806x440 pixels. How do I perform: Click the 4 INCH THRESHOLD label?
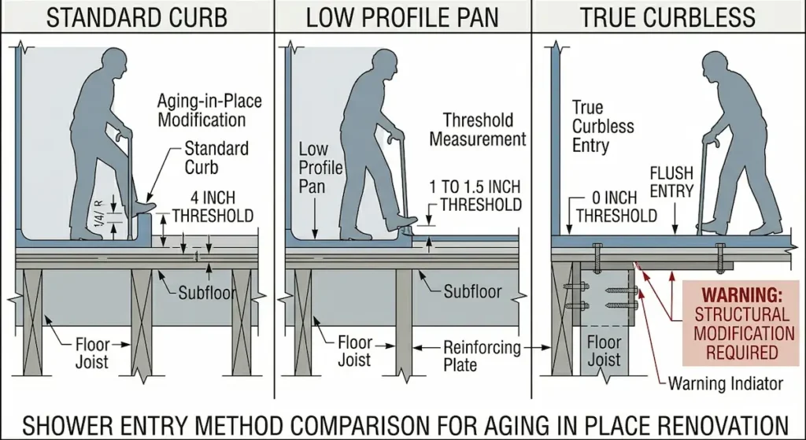tap(213, 206)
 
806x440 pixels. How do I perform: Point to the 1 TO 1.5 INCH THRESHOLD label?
tap(475, 196)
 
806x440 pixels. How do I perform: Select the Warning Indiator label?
tap(725, 384)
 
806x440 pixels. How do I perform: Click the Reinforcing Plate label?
tap(482, 356)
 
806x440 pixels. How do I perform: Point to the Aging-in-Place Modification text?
tap(209, 110)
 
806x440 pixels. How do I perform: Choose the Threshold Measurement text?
tap(483, 130)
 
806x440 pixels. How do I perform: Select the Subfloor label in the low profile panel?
tap(472, 292)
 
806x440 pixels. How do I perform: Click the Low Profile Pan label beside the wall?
tap(320, 168)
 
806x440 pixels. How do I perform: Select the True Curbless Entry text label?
tap(602, 126)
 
